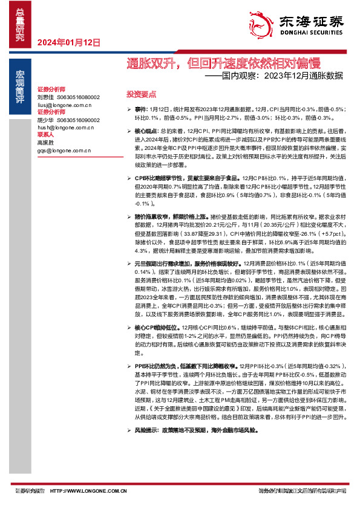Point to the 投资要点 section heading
[141, 95]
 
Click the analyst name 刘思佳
[45, 97]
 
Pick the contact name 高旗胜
[45, 143]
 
